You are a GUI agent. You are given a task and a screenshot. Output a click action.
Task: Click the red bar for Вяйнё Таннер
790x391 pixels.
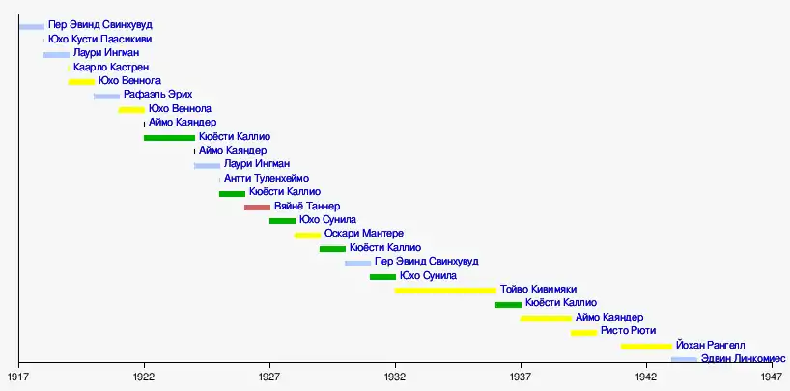pos(257,208)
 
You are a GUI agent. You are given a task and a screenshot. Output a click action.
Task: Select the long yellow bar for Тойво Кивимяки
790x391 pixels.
pos(445,291)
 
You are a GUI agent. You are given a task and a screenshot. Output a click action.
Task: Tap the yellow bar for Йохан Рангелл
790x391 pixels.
pos(646,346)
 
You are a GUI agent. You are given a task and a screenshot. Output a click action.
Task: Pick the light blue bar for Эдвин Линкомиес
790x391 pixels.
pos(684,360)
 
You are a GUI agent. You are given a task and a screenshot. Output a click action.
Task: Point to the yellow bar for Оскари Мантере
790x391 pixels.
pos(307,236)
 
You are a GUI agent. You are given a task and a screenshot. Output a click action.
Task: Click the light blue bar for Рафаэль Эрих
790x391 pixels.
pos(106,97)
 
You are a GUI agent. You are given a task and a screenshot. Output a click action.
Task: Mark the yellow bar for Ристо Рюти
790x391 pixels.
pos(583,332)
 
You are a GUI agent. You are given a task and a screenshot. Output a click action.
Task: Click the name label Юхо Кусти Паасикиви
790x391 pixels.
pos(99,39)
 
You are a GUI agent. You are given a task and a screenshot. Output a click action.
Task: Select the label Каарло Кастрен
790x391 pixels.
pos(111,68)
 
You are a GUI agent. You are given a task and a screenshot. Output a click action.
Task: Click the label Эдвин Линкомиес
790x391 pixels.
pos(737,359)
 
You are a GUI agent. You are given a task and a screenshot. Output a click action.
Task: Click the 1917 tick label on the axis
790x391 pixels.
pos(19,376)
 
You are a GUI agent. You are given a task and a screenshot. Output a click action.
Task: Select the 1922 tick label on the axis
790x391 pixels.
pos(144,376)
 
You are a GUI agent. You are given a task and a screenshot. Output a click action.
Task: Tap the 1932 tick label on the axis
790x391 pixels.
pos(395,376)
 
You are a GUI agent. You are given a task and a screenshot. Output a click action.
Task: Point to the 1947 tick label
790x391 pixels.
pos(771,376)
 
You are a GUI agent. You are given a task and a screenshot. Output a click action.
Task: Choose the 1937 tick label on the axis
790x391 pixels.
pos(521,376)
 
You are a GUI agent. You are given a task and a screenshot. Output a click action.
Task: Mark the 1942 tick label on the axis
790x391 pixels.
pos(645,376)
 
